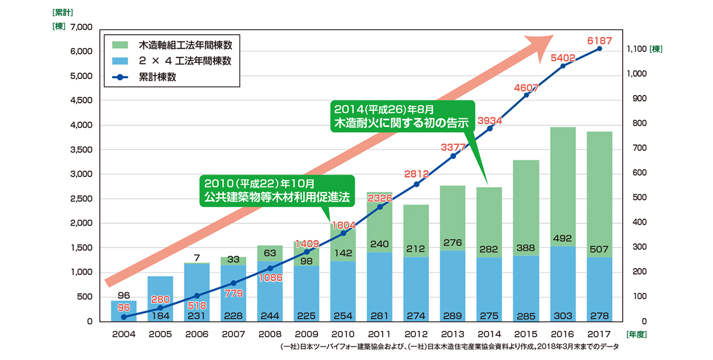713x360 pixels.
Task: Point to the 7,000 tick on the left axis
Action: point(81,27)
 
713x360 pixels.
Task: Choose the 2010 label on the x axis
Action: point(343,334)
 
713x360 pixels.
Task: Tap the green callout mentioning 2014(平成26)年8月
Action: point(402,116)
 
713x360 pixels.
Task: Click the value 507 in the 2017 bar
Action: point(599,249)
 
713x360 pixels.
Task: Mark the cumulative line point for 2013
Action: point(453,156)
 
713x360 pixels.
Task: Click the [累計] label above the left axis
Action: point(62,11)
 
